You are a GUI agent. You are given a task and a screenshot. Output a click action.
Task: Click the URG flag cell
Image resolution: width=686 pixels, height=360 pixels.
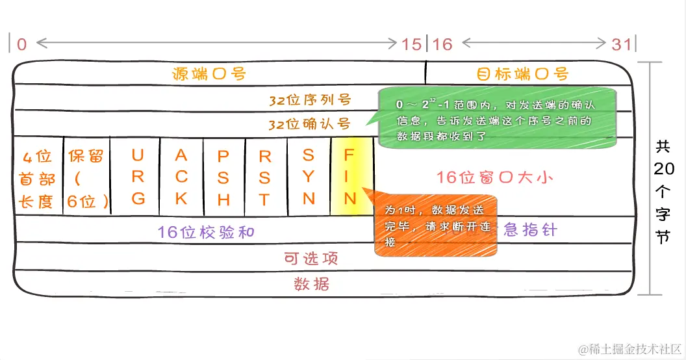(138, 176)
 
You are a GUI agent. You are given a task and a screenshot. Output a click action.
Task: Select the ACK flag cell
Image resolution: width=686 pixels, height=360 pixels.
(181, 176)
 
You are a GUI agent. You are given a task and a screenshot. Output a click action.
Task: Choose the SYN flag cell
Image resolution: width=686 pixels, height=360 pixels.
(309, 176)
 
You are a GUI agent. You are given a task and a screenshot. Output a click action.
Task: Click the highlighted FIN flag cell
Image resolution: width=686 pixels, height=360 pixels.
(350, 176)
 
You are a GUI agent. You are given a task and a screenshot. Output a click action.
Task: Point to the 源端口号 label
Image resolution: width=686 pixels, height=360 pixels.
(209, 73)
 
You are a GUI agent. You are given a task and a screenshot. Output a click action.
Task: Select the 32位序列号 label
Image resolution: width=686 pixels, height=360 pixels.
(310, 100)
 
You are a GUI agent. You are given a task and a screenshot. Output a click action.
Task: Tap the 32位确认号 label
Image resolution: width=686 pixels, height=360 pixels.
(310, 123)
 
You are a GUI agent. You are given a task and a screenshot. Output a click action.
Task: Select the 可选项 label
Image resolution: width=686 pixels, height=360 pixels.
(312, 259)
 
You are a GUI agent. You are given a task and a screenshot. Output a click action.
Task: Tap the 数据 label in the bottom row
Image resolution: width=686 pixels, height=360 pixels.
(312, 283)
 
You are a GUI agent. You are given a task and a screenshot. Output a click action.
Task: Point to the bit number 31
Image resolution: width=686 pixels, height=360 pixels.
(621, 44)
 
